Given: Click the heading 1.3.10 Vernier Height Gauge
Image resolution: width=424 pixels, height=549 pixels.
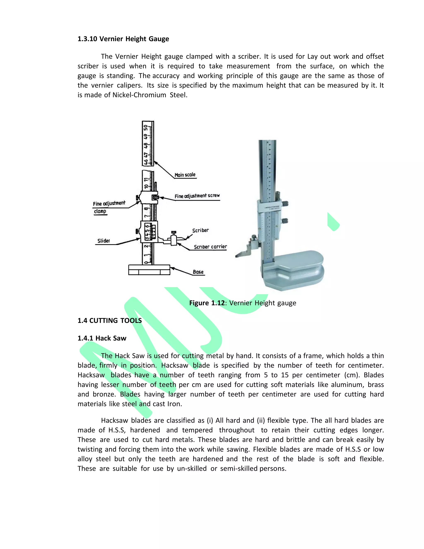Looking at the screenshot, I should [x=123, y=39].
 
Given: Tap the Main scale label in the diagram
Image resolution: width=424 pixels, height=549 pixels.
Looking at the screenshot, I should [x=185, y=175].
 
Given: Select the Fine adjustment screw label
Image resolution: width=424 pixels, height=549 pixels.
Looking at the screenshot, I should [x=197, y=196].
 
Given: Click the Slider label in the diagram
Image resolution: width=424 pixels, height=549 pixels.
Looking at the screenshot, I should [x=104, y=241].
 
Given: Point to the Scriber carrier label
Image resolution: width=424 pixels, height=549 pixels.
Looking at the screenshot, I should [x=210, y=247].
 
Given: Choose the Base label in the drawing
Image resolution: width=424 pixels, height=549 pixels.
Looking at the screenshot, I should [x=198, y=272].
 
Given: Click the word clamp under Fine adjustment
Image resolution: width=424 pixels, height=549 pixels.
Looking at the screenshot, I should [x=100, y=211].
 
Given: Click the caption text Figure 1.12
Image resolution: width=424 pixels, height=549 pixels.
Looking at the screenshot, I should [x=207, y=303].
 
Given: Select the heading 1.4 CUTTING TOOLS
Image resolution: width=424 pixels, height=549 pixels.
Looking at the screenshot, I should [x=110, y=320].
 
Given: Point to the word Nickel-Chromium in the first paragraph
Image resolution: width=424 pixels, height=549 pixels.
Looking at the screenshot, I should [x=139, y=95].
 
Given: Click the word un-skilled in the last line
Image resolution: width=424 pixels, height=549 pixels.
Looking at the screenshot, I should [x=192, y=469].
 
